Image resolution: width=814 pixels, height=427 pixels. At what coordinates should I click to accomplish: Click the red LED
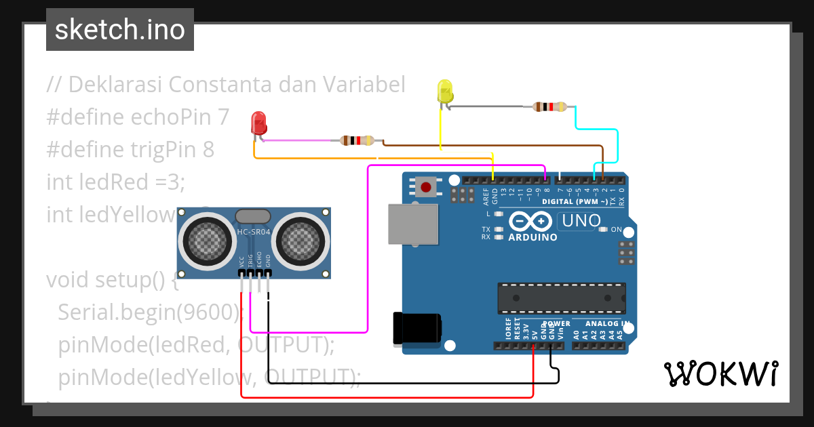(x=258, y=123)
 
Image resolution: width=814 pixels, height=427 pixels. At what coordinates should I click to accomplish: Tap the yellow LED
(x=445, y=92)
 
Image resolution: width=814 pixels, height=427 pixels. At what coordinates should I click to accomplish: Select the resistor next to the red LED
(x=356, y=141)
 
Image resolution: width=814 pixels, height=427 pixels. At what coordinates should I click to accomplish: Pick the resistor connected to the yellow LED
(x=549, y=106)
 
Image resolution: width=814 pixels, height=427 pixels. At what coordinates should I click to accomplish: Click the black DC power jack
(x=415, y=329)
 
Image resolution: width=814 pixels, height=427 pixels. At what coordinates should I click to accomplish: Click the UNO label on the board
(x=580, y=220)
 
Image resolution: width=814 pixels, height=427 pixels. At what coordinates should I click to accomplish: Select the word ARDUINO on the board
(x=532, y=237)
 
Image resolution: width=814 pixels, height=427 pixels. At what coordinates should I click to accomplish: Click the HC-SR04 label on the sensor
(x=253, y=232)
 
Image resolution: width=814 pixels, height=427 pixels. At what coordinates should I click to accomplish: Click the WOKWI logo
(x=720, y=373)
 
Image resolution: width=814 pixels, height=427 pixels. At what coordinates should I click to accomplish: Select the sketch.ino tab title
(x=119, y=30)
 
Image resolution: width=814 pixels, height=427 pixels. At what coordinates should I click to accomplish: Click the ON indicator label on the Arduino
(x=616, y=230)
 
